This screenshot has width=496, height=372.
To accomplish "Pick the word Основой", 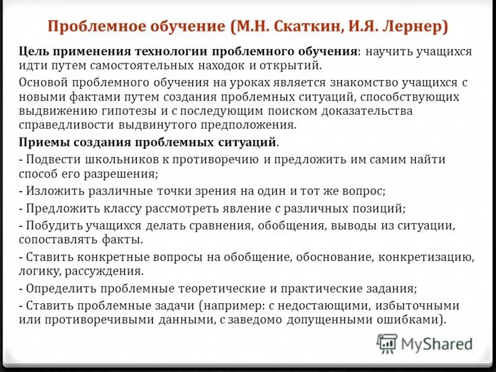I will click(42, 82).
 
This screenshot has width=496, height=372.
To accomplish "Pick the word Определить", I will click(56, 288).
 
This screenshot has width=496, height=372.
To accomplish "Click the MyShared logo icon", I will click(387, 343).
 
